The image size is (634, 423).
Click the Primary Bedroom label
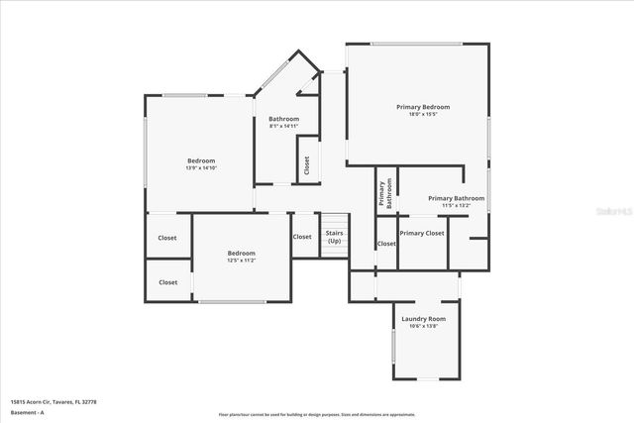point(423,107)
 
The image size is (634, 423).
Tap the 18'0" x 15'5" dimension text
point(423,115)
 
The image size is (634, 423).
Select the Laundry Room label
point(423,319)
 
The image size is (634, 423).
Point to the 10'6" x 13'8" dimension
point(423,327)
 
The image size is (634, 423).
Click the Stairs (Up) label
point(335,238)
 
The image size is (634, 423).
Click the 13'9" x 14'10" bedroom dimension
point(201,168)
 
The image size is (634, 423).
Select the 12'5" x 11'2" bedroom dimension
point(242,262)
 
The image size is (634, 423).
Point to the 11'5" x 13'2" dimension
point(456,206)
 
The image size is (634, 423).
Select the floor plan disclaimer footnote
point(316,413)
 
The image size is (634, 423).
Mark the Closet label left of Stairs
point(302,237)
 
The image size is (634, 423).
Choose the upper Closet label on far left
point(168,238)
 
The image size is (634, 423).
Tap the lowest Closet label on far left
point(168,282)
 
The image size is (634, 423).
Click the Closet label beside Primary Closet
point(386,244)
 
